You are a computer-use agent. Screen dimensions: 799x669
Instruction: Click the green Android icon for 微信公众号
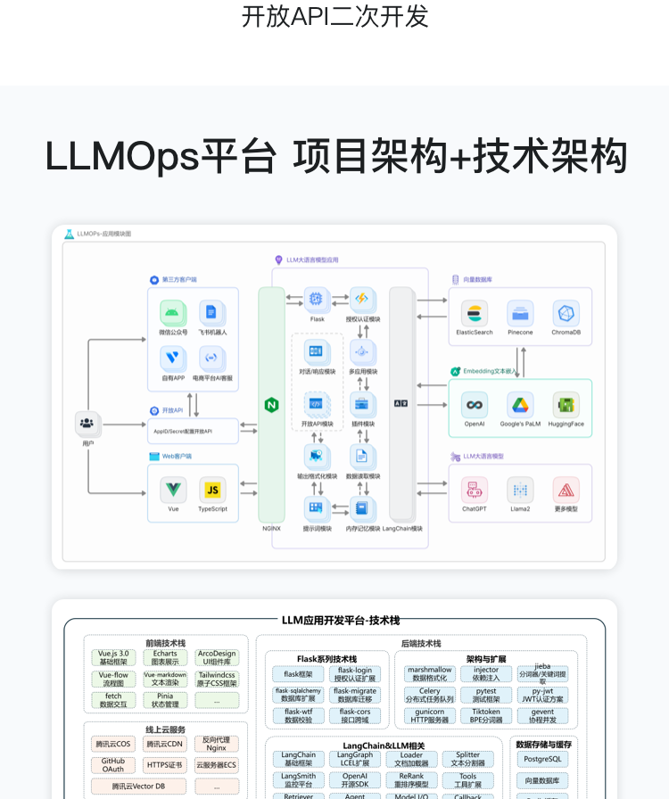pyautogui.click(x=173, y=312)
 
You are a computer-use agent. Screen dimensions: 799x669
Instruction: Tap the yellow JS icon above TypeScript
pyautogui.click(x=212, y=490)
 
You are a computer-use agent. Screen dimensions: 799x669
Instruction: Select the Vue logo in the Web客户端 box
pyautogui.click(x=173, y=490)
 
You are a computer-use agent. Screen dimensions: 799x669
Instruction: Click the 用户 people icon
pyautogui.click(x=87, y=423)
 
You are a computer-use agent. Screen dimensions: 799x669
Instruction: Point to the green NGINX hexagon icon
pyautogui.click(x=272, y=405)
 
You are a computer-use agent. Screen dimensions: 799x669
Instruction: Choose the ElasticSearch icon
pyautogui.click(x=474, y=313)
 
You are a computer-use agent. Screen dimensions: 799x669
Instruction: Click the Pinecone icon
pyautogui.click(x=520, y=313)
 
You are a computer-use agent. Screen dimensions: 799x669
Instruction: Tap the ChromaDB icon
pyautogui.click(x=566, y=313)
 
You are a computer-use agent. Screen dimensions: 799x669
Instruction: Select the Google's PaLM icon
pyautogui.click(x=520, y=405)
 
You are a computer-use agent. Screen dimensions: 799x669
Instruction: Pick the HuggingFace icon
pyautogui.click(x=566, y=405)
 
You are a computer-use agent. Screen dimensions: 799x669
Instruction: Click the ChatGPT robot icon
pyautogui.click(x=474, y=490)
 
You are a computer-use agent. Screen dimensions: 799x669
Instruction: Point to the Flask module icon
pyautogui.click(x=317, y=300)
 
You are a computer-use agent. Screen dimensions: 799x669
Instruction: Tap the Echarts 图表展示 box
pyautogui.click(x=165, y=658)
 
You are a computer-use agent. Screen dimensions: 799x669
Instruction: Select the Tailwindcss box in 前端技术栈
pyautogui.click(x=217, y=680)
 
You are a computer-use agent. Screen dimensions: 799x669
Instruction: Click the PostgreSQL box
pyautogui.click(x=542, y=759)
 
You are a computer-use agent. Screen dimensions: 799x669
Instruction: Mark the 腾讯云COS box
pyautogui.click(x=113, y=744)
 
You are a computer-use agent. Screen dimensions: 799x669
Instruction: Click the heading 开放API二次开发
pyautogui.click(x=334, y=16)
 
